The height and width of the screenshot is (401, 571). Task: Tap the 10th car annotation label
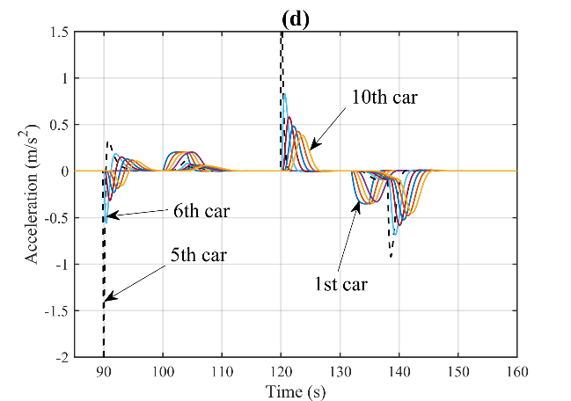384,97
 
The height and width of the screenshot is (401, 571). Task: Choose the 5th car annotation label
198,257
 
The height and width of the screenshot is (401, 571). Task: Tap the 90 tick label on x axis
103,370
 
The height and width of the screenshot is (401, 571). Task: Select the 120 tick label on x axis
282,370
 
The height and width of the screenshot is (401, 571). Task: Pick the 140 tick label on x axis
399,370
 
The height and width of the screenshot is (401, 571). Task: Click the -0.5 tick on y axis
55,217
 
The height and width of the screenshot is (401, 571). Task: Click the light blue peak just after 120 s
284,94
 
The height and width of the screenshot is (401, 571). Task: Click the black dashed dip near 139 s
390,255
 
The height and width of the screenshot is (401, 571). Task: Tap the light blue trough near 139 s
394,234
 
